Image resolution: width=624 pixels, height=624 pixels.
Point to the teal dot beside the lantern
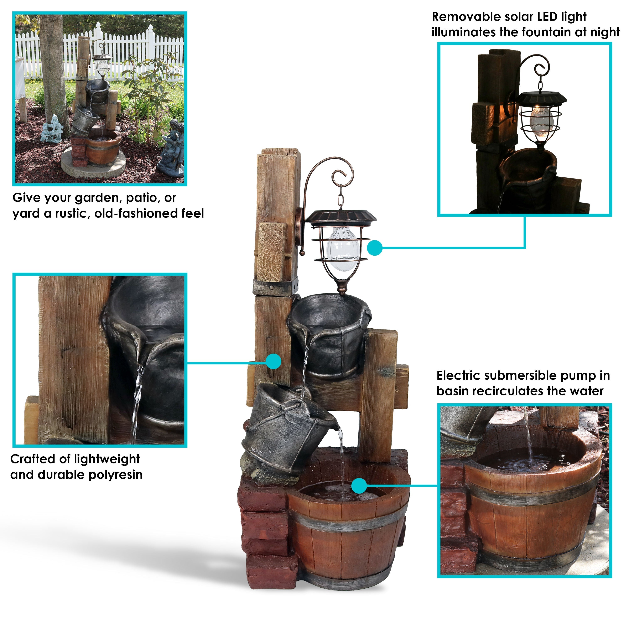[x=375, y=248]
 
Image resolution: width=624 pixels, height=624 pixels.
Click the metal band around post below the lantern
[x=276, y=287]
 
